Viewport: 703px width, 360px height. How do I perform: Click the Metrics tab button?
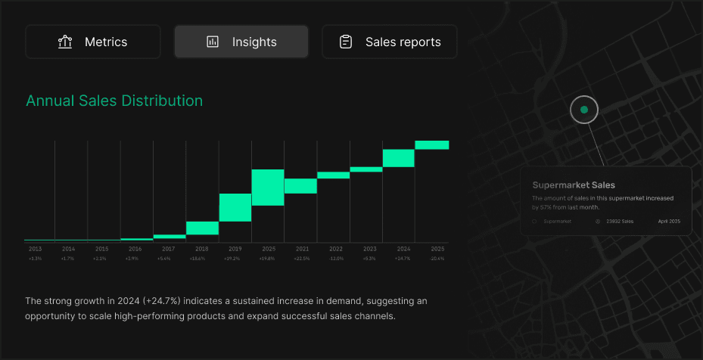click(93, 42)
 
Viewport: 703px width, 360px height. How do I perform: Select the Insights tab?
click(241, 42)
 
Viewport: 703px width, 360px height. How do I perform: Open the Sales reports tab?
click(390, 42)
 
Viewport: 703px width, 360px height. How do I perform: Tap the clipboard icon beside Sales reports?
click(346, 42)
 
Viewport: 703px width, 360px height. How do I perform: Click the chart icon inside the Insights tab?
click(213, 42)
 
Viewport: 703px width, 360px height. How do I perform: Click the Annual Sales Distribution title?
click(114, 101)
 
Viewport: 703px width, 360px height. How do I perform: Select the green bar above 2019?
click(235, 207)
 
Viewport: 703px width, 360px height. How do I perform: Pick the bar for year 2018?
click(202, 228)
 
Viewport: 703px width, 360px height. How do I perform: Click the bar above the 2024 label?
click(398, 157)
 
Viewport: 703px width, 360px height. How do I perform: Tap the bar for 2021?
click(300, 186)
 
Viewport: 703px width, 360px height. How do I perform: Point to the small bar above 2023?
click(366, 169)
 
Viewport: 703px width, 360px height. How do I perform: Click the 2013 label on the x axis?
click(36, 249)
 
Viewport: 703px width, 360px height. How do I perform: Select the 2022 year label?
click(336, 249)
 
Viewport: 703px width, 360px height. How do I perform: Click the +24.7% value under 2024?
click(403, 259)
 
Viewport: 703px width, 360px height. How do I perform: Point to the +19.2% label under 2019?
click(235, 259)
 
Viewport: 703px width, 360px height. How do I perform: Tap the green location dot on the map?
click(583, 110)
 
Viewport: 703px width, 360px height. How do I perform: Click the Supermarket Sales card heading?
click(574, 185)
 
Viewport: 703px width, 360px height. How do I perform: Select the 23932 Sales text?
click(620, 222)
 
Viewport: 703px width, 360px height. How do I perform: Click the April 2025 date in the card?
click(669, 222)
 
